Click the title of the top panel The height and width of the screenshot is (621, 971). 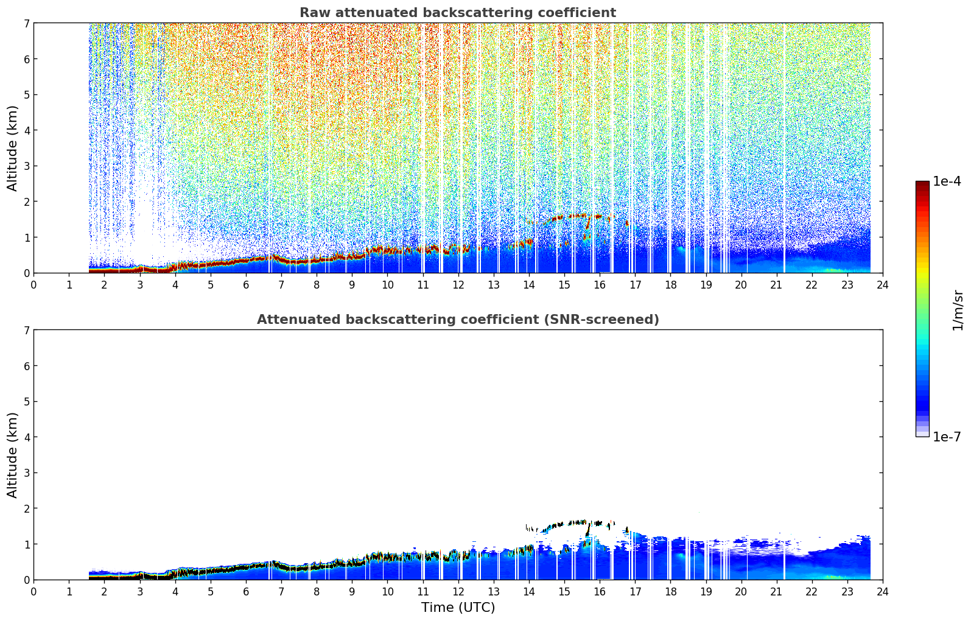pyautogui.click(x=458, y=13)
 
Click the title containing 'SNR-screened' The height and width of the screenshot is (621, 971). pyautogui.click(x=458, y=319)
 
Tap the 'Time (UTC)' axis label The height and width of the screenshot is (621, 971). pyautogui.click(x=458, y=607)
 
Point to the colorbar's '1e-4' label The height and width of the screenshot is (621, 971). pyautogui.click(x=947, y=181)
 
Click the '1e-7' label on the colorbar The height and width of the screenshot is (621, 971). pyautogui.click(x=947, y=437)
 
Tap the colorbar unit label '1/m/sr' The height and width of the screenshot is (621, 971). pyautogui.click(x=958, y=311)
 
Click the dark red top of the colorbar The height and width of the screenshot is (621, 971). pyautogui.click(x=922, y=184)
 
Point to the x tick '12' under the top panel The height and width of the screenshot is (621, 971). pyautogui.click(x=458, y=285)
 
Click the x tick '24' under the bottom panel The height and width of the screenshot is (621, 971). pyautogui.click(x=883, y=592)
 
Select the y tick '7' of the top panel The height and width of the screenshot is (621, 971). pyautogui.click(x=26, y=23)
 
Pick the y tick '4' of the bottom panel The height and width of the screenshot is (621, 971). pyautogui.click(x=26, y=437)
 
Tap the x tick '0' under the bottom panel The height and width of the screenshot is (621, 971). pyautogui.click(x=34, y=592)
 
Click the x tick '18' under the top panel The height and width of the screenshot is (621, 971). pyautogui.click(x=671, y=285)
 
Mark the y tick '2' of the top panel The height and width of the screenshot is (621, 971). pyautogui.click(x=26, y=202)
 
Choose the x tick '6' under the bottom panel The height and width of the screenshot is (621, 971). pyautogui.click(x=246, y=592)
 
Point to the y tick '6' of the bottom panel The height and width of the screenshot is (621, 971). pyautogui.click(x=26, y=365)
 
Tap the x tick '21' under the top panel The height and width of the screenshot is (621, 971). pyautogui.click(x=777, y=285)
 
